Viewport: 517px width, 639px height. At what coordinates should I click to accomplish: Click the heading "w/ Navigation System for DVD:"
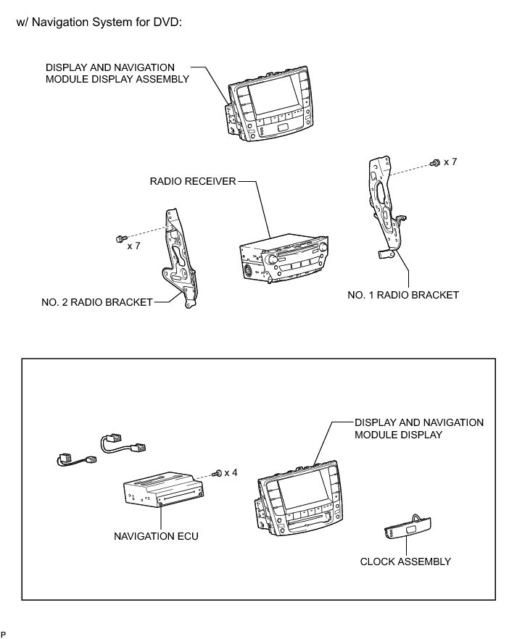coord(98,22)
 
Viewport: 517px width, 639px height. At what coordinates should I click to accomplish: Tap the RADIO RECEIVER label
coord(193,181)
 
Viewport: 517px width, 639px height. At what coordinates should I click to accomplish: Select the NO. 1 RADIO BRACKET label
coord(403,295)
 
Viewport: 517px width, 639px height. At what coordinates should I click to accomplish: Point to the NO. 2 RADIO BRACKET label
coord(97,301)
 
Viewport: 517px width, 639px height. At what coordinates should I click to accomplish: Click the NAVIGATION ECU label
coord(156,537)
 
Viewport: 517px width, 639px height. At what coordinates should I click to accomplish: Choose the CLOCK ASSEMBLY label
coord(405,561)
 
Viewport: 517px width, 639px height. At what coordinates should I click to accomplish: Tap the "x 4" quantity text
coord(231,472)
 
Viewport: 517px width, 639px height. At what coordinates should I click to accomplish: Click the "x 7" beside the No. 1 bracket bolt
coord(450,162)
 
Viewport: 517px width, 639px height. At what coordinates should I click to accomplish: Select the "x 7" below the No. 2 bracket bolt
coord(134,246)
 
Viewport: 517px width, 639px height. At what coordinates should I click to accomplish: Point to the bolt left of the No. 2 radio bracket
coord(120,237)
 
